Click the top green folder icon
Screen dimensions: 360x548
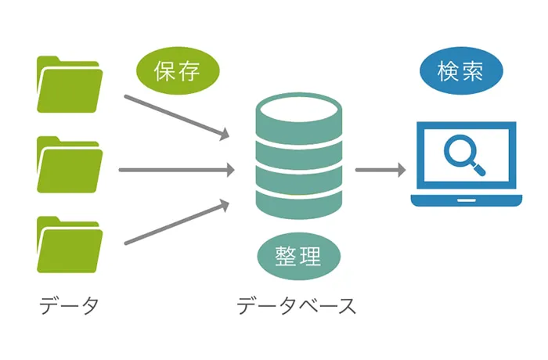(69, 86)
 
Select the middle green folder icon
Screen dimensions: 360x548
(69, 166)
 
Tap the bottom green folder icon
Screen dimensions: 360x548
(69, 246)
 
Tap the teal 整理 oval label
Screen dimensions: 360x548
(297, 255)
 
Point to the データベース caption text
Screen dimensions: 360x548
(297, 305)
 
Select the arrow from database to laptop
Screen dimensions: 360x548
(380, 170)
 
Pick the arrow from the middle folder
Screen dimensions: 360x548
(176, 170)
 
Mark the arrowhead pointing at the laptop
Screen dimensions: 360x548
(400, 170)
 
